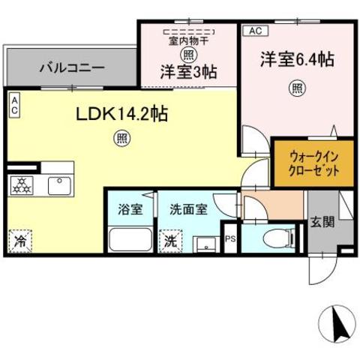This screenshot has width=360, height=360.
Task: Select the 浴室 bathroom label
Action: click(129, 210)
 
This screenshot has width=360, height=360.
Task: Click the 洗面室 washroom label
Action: click(189, 210)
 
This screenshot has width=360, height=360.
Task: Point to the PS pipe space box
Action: click(230, 239)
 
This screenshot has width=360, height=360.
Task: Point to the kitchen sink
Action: click(58, 183)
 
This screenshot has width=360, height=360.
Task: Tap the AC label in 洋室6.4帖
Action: click(253, 31)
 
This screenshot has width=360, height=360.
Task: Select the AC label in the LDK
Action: click(13, 103)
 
